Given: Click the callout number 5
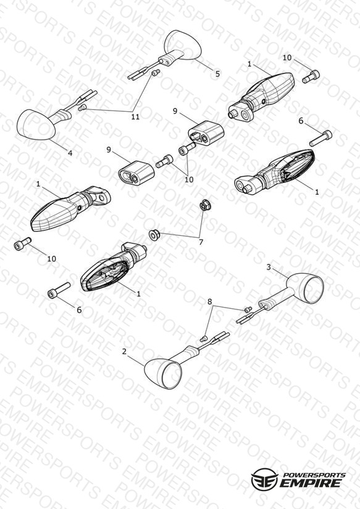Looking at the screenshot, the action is tap(217, 74).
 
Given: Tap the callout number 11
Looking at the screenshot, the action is tap(135, 117).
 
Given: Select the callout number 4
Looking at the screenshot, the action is tap(70, 153).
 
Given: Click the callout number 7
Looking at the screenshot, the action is tap(201, 242).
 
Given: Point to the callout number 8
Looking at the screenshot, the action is tap(210, 301).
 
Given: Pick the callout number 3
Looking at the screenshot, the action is tap(269, 267).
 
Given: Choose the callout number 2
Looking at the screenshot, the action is tap(124, 351).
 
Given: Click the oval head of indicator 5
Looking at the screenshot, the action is tap(183, 44).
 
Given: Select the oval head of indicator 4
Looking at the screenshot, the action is tap(36, 125).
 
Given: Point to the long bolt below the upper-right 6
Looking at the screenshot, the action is tap(320, 138).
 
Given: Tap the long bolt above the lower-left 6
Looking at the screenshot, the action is tap(59, 290).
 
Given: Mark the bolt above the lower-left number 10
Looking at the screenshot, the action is tap(23, 243).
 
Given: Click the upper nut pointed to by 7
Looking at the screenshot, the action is tap(204, 206).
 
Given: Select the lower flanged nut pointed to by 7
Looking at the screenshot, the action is tap(154, 235).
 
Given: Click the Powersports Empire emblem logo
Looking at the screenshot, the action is tap(264, 478).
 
